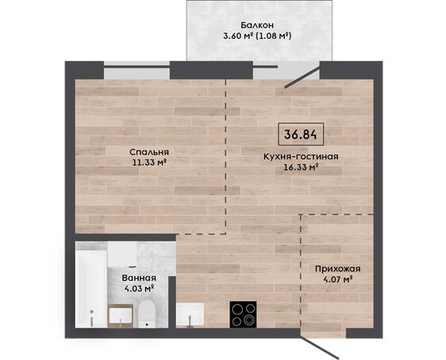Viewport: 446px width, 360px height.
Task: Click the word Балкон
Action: (257, 25)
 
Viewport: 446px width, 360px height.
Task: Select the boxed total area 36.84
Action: (301, 134)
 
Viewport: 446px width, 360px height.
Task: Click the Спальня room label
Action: (149, 152)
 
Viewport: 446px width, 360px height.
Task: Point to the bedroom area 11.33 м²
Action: (149, 163)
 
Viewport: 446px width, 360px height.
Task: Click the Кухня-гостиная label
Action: (301, 156)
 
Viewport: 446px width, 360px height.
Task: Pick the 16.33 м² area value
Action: (301, 167)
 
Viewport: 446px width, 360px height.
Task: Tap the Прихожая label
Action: (338, 269)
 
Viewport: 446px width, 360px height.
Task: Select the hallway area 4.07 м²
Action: (338, 279)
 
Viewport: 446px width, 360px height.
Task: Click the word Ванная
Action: (139, 278)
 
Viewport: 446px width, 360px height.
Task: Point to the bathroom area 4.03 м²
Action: (139, 289)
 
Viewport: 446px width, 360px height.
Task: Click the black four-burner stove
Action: (243, 314)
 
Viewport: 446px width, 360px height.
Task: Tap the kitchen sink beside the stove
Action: (190, 315)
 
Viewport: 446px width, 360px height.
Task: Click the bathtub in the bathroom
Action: (91, 285)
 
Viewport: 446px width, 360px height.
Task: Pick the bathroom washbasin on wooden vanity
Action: (121, 316)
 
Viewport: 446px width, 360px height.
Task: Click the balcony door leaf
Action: (302, 78)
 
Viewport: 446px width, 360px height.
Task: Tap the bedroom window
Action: (136, 71)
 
